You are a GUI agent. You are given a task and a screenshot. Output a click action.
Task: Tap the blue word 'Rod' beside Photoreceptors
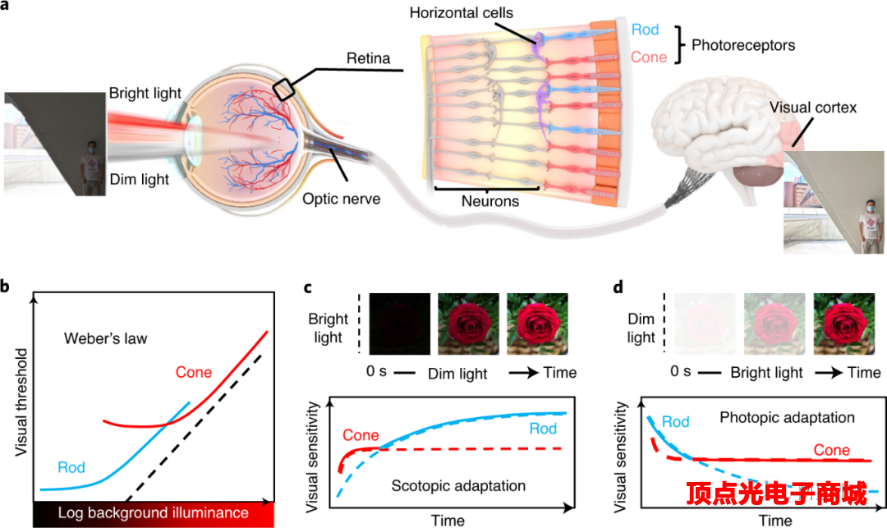click(x=646, y=29)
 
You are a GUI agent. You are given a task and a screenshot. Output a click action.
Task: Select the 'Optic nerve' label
click(x=341, y=199)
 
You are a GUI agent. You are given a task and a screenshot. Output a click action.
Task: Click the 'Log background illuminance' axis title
click(x=153, y=513)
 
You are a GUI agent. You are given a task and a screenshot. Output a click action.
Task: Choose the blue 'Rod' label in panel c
click(x=543, y=429)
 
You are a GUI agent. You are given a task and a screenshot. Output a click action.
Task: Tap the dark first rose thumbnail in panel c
click(x=398, y=323)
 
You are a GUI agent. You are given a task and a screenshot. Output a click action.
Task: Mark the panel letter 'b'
click(x=7, y=287)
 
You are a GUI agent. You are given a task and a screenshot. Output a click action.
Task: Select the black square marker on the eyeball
click(x=284, y=89)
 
